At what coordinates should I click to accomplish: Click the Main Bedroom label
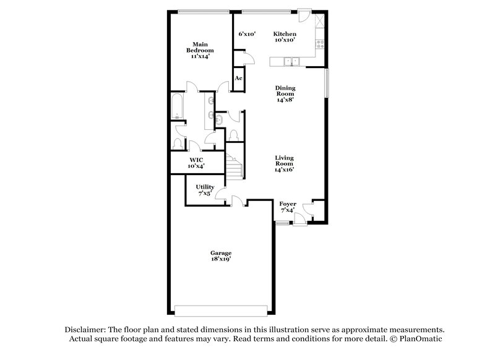coord(199,50)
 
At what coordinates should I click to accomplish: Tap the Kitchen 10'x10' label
coord(285,36)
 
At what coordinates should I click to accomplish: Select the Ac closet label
coord(238,79)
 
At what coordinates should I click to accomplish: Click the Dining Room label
coord(285,93)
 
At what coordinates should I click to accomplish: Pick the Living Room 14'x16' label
coord(285,163)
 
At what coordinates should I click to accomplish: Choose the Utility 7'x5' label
coord(205,190)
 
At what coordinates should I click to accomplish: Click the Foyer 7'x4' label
coord(288,207)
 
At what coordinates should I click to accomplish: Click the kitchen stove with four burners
coord(321,43)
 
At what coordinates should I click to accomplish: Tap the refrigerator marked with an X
coord(320,21)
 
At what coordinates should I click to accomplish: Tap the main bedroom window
coord(204,11)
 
